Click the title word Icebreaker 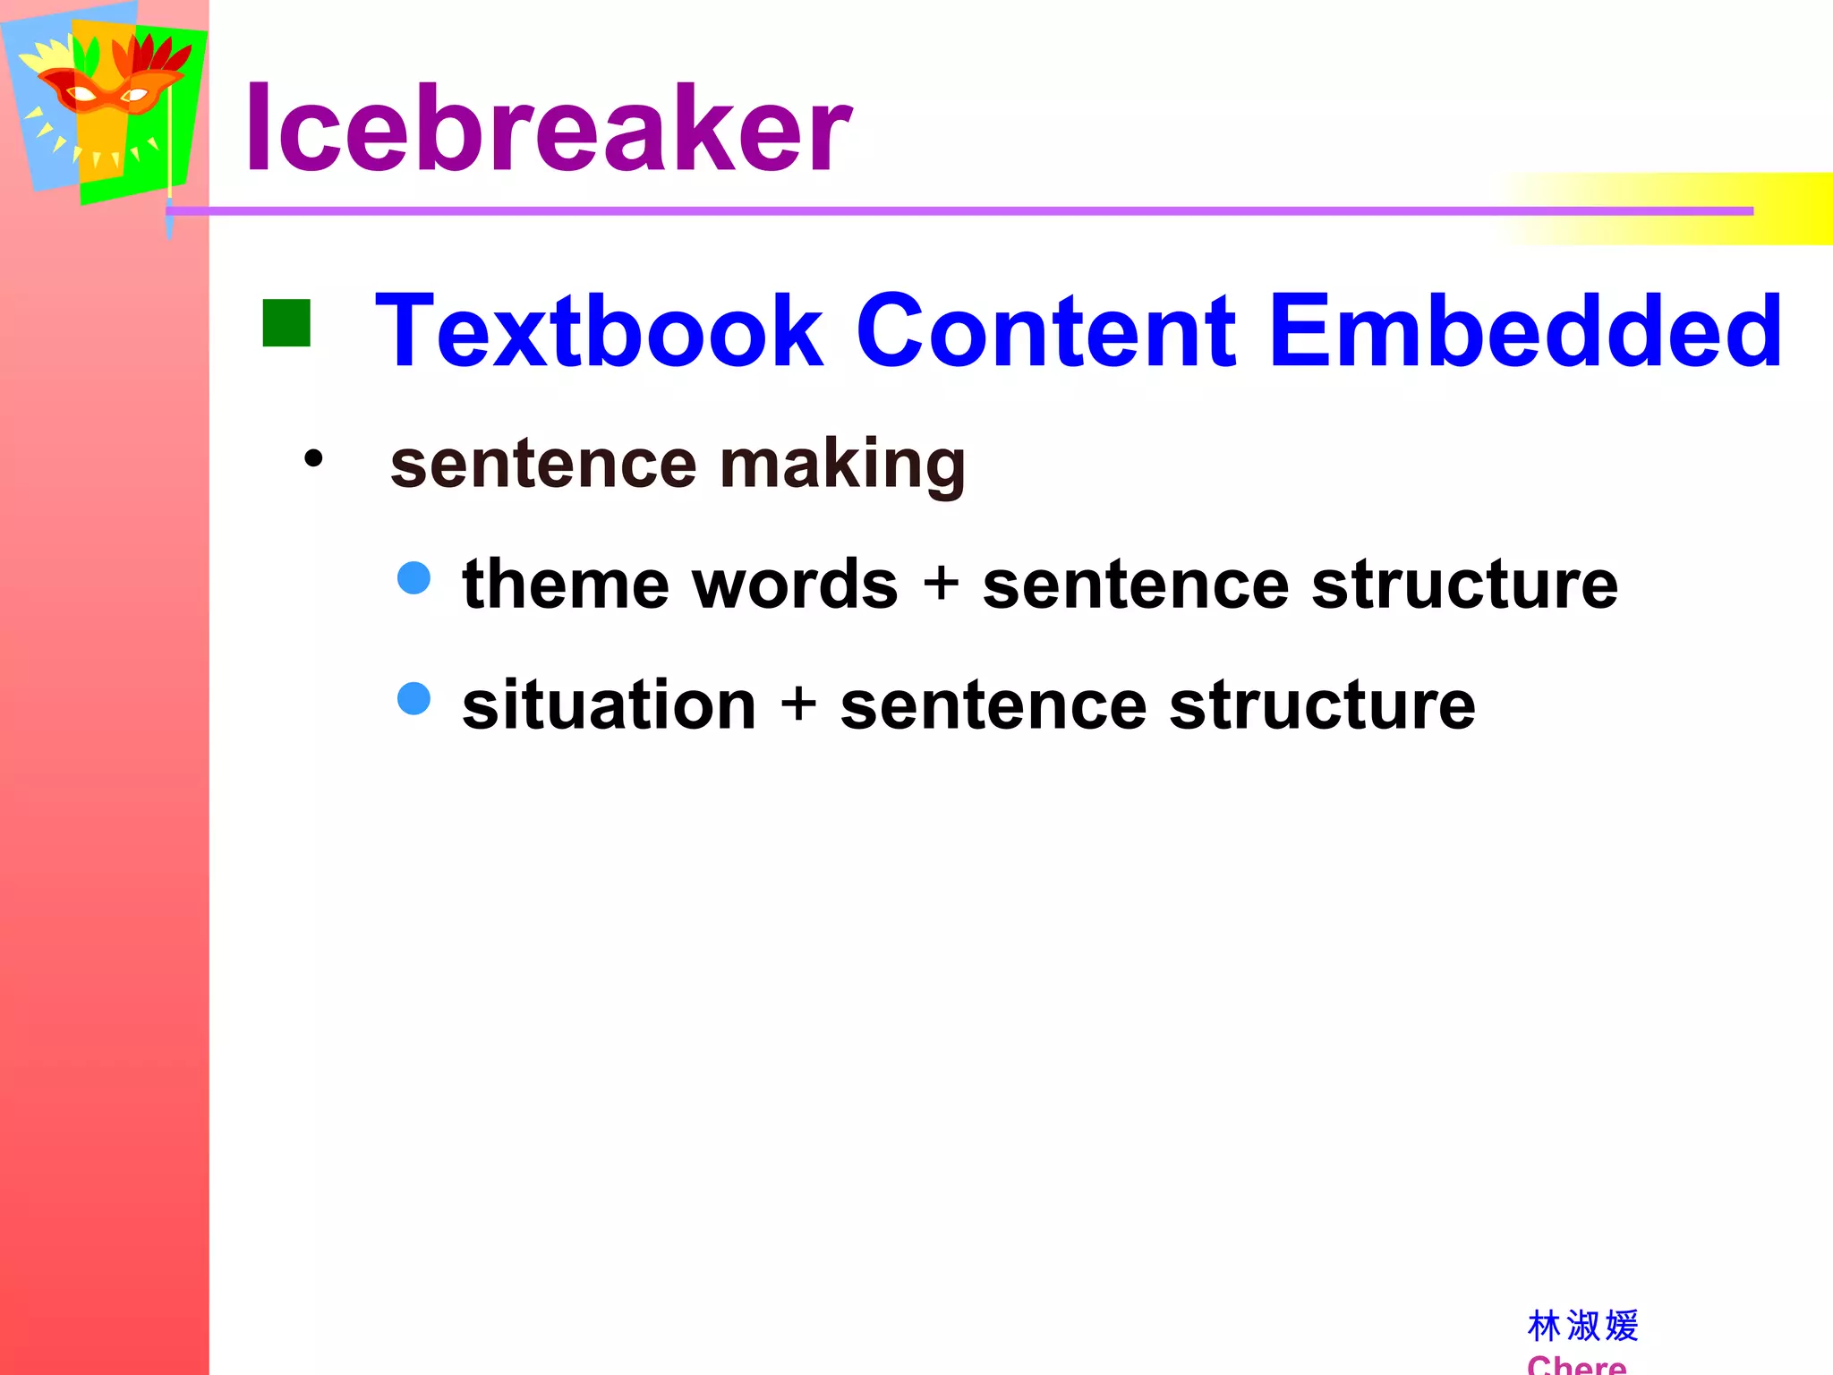click(548, 128)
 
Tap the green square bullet click(286, 322)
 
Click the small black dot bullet click(313, 459)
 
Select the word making click(842, 465)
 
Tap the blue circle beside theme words click(413, 577)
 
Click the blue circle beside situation click(413, 698)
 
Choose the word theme click(565, 584)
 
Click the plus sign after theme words click(941, 584)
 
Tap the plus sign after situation click(798, 705)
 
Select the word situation click(609, 705)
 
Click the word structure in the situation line click(1322, 705)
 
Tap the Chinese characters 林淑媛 click(1582, 1326)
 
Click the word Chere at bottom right click(1576, 1364)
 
